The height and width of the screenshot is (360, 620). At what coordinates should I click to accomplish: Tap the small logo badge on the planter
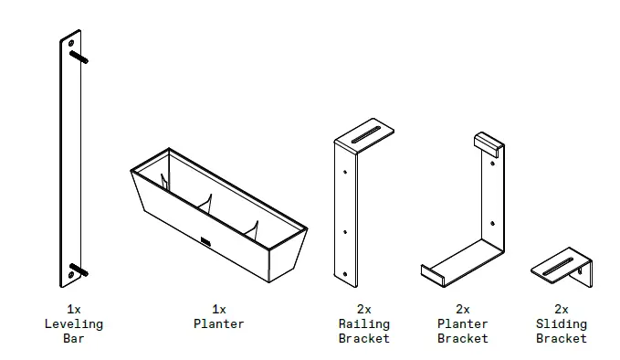(205, 242)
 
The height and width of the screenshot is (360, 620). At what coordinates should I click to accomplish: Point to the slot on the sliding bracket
(557, 267)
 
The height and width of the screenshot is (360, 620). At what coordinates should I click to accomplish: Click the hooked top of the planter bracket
(489, 143)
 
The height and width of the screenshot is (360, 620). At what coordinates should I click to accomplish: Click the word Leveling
(73, 323)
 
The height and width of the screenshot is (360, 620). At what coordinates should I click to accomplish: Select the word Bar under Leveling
(73, 338)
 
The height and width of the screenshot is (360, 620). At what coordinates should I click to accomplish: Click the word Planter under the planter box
(218, 323)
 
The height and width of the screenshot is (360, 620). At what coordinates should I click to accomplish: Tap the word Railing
(363, 323)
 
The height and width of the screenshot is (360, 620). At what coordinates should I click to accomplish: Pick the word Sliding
(561, 323)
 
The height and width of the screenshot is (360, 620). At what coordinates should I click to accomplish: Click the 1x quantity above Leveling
(73, 309)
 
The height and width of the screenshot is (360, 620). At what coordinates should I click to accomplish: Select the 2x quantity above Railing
(363, 309)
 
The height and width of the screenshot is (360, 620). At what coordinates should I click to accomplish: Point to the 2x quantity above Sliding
(561, 309)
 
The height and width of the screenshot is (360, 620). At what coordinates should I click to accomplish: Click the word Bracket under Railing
(363, 338)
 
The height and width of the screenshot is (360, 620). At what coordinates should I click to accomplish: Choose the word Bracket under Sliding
(561, 338)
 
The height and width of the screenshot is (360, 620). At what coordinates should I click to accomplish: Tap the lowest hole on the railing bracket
(345, 271)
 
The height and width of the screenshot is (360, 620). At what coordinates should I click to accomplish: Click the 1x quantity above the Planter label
(218, 309)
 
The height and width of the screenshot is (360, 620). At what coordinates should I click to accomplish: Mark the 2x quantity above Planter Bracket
(462, 309)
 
